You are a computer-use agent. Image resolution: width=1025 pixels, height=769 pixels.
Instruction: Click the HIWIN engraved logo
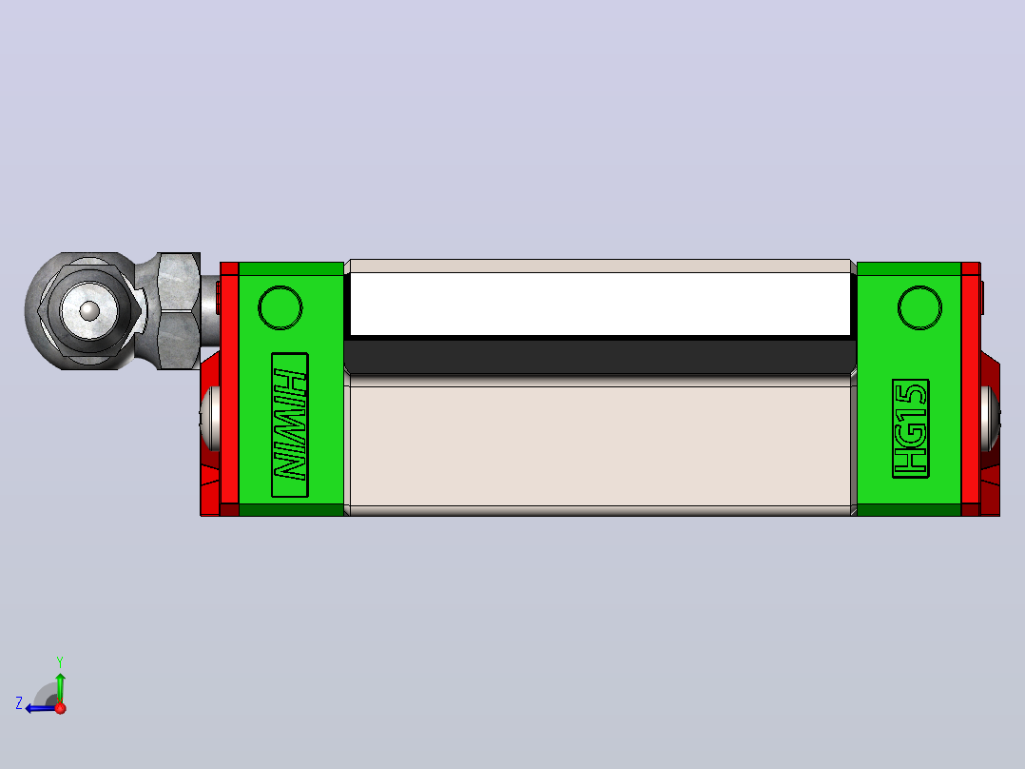tap(290, 424)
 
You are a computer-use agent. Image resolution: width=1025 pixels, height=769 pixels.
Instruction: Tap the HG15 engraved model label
tap(911, 428)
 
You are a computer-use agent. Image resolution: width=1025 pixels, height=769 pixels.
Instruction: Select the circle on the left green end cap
tap(280, 307)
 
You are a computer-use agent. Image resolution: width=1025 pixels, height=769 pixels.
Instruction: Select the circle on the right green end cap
tap(919, 307)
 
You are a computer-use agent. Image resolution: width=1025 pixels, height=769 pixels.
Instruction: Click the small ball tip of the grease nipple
tap(89, 311)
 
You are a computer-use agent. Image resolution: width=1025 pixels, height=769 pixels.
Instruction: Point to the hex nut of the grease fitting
tap(179, 311)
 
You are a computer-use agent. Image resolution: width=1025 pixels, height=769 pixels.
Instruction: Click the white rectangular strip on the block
tap(600, 304)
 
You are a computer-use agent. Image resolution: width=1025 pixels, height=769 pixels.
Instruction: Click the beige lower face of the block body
tap(600, 446)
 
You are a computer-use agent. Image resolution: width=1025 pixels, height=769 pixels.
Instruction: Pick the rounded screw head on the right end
tap(991, 419)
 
